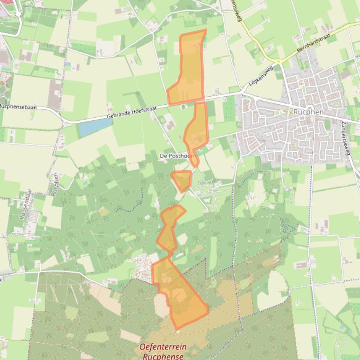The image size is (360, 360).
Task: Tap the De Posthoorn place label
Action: (x=177, y=156)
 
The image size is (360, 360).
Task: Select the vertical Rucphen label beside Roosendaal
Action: (x=55, y=183)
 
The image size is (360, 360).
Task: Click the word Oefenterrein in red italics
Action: (x=163, y=347)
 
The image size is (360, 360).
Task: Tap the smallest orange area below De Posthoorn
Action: (x=182, y=180)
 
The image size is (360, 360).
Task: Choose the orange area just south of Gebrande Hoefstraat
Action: (x=197, y=131)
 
